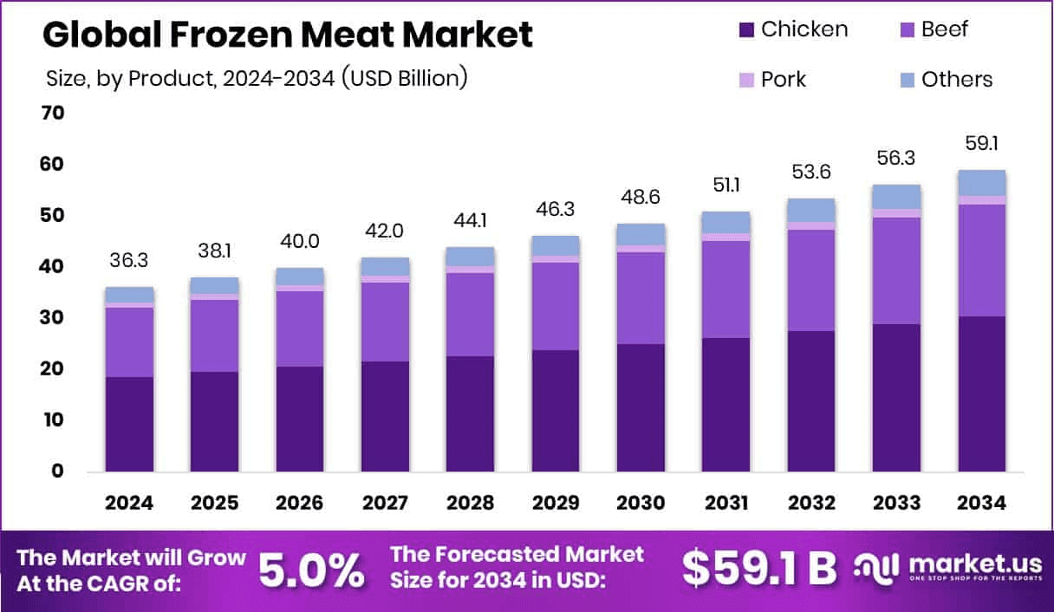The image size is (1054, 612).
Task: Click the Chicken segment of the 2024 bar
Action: [x=129, y=424]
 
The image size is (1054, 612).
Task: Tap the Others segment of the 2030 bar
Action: [x=641, y=234]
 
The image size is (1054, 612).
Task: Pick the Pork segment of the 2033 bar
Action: [x=896, y=213]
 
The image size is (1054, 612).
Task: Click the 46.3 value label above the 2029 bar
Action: [x=556, y=209]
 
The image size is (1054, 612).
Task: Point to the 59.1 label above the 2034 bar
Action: [x=981, y=143]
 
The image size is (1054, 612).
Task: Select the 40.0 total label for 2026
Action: [x=300, y=242]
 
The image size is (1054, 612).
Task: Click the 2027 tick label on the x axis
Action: [x=385, y=504]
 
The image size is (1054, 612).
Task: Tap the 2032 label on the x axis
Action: [x=810, y=504]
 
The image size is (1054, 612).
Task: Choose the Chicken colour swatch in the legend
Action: [x=745, y=29]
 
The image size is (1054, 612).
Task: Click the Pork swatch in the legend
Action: [x=745, y=80]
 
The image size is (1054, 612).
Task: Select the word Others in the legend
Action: [x=957, y=80]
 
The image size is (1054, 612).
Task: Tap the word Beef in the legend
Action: [x=945, y=29]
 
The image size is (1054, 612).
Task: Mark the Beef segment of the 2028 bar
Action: [x=470, y=314]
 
